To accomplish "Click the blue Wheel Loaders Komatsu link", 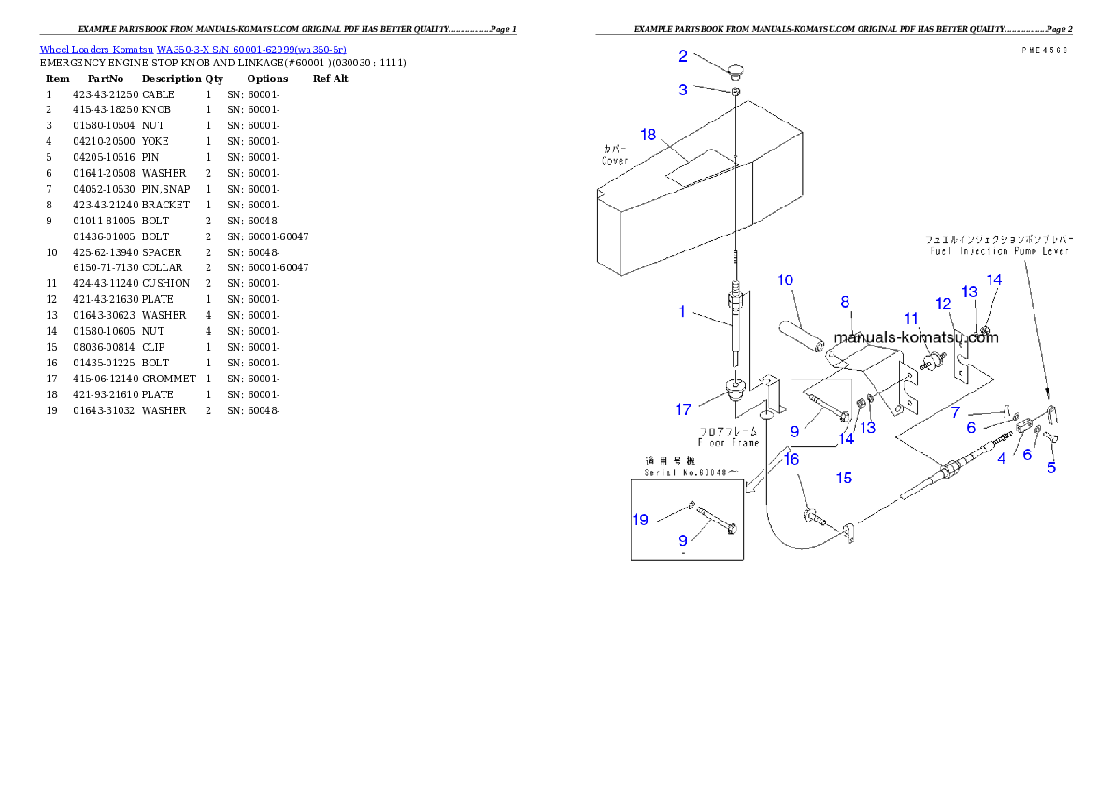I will [x=192, y=50].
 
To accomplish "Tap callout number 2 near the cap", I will [x=683, y=57].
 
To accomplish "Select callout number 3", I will [x=683, y=90].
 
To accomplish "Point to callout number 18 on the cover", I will [x=648, y=135].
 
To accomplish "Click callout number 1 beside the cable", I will [x=682, y=311].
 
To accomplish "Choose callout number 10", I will [x=785, y=280].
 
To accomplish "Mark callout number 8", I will [x=845, y=302].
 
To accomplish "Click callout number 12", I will [x=944, y=304].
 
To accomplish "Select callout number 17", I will [x=684, y=409].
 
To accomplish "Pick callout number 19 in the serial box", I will [x=641, y=520].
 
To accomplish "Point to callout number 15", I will [x=843, y=478].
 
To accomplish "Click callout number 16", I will [x=791, y=459].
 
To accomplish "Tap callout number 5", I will [x=1051, y=467].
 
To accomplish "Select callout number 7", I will [x=956, y=411].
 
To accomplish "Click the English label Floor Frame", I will [x=728, y=442].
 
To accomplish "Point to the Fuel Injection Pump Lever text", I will [x=999, y=251].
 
